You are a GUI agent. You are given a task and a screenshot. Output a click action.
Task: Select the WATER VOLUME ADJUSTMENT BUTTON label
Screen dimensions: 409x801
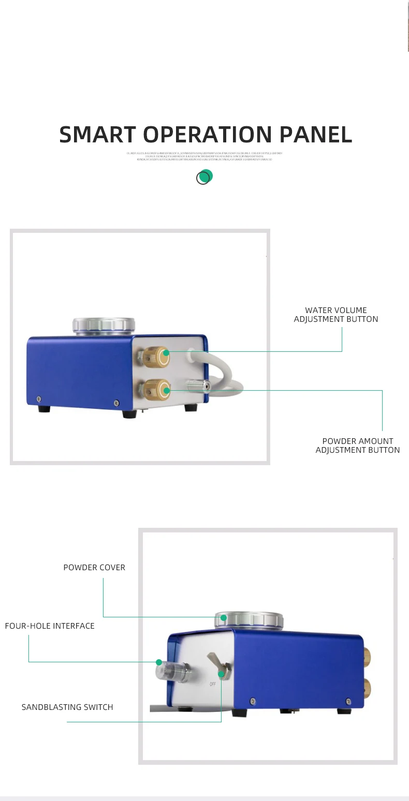[336, 315]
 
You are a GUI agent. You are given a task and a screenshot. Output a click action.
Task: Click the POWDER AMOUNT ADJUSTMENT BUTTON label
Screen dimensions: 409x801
[358, 446]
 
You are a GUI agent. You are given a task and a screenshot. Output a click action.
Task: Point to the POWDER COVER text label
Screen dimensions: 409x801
[94, 568]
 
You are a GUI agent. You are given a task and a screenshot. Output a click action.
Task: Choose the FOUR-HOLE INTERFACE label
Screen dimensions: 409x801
[50, 626]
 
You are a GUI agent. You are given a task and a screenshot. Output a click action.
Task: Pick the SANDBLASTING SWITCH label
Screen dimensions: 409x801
[67, 707]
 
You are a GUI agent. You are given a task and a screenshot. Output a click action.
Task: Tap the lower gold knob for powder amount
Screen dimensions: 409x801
[157, 389]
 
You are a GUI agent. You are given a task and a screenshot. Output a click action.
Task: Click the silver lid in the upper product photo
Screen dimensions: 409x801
[105, 326]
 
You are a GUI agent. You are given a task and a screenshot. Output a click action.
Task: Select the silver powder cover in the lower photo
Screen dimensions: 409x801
[251, 620]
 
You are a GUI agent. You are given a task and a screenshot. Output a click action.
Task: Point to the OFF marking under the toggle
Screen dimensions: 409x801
[212, 684]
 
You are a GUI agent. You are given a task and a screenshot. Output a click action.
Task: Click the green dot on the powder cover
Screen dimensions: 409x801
[224, 617]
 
